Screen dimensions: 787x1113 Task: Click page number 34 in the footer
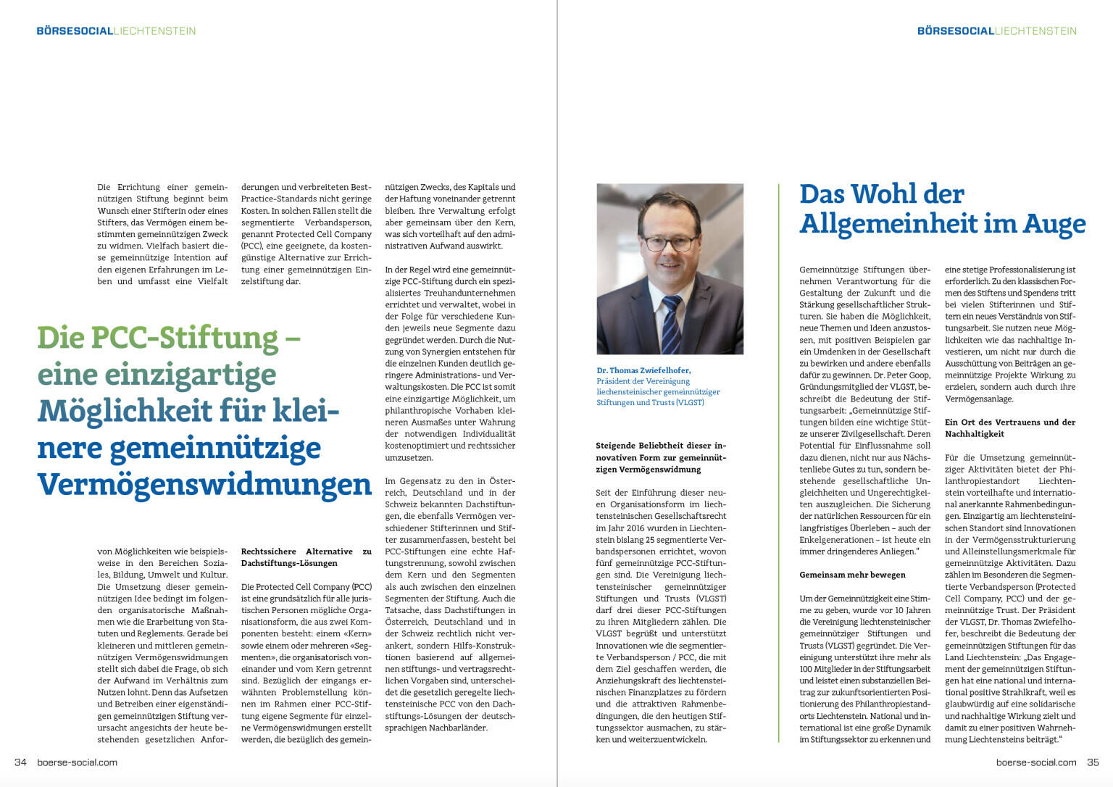coord(20,762)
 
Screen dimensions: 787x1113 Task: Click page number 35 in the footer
coord(1093,762)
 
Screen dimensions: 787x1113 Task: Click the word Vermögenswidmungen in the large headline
coord(204,484)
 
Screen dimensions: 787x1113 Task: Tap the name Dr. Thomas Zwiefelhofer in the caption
coord(643,370)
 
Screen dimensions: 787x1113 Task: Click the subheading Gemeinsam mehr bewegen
coord(852,575)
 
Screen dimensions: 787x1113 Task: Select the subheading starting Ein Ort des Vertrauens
coord(1010,428)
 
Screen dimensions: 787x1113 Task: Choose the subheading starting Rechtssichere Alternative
coord(306,557)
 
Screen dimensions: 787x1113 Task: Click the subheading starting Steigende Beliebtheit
coord(660,457)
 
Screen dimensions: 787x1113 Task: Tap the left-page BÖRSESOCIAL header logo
coord(75,31)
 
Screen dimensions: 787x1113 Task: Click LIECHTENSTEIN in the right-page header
coord(1035,31)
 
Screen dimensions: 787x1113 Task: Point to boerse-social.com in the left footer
coord(77,762)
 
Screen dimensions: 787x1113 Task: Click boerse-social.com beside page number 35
coord(1035,762)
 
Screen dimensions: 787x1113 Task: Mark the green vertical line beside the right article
coord(779,464)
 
